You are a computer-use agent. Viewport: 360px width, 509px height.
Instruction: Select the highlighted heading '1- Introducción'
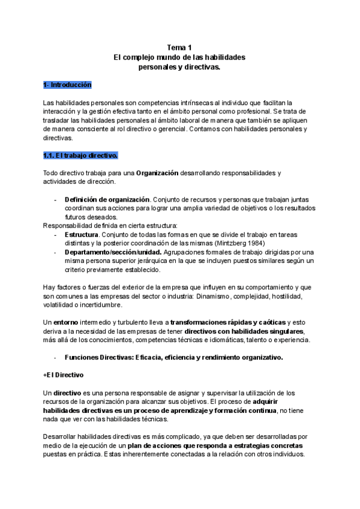tap(67, 85)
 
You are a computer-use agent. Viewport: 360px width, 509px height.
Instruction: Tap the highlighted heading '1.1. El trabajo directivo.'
tap(80, 155)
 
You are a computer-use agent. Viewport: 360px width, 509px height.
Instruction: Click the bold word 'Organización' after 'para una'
tap(157, 173)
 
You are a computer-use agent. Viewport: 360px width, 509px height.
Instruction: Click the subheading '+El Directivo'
tap(64, 375)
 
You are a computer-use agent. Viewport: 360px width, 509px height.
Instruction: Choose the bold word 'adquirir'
tap(271, 402)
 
